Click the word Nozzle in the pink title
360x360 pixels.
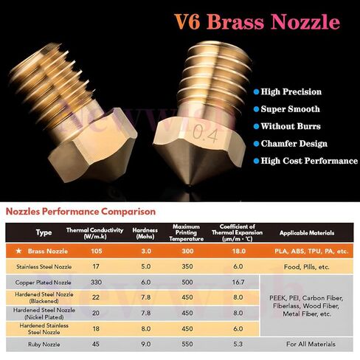[305, 21]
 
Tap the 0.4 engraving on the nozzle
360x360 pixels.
[205, 134]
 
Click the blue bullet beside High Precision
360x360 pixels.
[256, 92]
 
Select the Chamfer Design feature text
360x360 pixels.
[294, 144]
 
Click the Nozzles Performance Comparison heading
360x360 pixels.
[80, 212]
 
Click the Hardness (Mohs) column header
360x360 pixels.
[145, 233]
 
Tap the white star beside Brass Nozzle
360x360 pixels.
[18, 251]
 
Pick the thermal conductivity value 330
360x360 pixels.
[96, 282]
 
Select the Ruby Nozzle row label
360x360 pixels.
[44, 345]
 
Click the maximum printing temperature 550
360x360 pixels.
[187, 344]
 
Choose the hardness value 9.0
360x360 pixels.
[146, 344]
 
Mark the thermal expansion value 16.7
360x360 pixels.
[238, 282]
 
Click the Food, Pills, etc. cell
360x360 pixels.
[306, 267]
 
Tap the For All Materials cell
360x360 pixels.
[311, 344]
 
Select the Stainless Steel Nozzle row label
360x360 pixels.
[44, 266]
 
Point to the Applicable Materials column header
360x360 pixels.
[307, 233]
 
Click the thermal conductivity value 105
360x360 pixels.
[97, 251]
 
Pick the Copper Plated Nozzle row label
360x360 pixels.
[43, 283]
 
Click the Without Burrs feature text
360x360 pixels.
[291, 126]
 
